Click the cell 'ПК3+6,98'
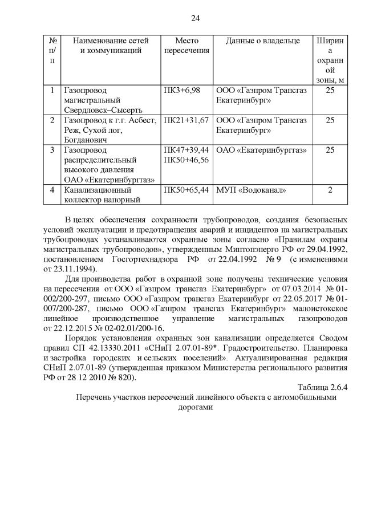point(181,91)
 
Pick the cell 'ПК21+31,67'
point(186,121)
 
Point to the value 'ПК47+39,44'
point(186,150)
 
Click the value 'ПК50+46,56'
point(186,160)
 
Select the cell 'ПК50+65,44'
point(186,190)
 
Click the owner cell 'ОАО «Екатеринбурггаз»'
point(262,150)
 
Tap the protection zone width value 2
point(330,190)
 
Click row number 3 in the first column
point(52,150)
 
